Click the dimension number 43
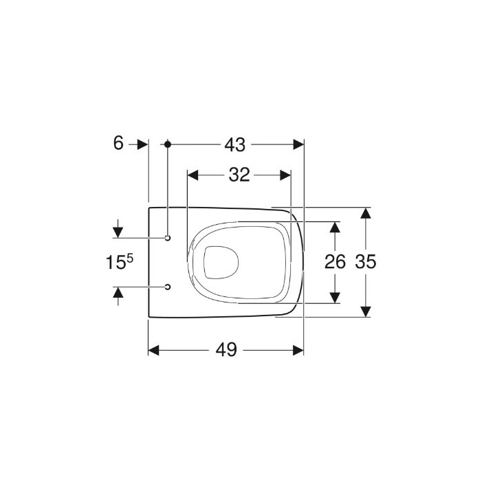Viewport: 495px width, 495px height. (x=234, y=144)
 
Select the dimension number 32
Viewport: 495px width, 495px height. (x=239, y=175)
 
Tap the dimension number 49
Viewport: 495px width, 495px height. (x=225, y=350)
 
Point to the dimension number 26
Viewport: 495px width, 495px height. (x=335, y=262)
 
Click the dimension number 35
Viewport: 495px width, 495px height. (x=366, y=262)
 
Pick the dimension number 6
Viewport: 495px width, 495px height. (x=118, y=144)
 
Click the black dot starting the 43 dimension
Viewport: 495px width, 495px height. (x=167, y=144)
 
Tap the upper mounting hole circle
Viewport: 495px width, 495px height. (x=167, y=238)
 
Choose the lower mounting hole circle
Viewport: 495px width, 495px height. (x=167, y=286)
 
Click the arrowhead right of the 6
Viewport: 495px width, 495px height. (x=142, y=144)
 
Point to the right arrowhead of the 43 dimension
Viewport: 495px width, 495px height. (x=298, y=144)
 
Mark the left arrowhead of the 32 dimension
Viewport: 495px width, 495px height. (x=193, y=175)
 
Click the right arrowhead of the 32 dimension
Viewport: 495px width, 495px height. (x=285, y=175)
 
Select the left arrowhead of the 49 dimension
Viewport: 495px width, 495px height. (x=155, y=350)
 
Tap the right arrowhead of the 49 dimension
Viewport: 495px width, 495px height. (x=298, y=350)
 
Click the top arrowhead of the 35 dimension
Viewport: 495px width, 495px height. (x=366, y=212)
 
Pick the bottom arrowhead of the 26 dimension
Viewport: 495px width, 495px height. (x=335, y=297)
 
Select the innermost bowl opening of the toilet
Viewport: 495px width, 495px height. (x=221, y=262)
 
